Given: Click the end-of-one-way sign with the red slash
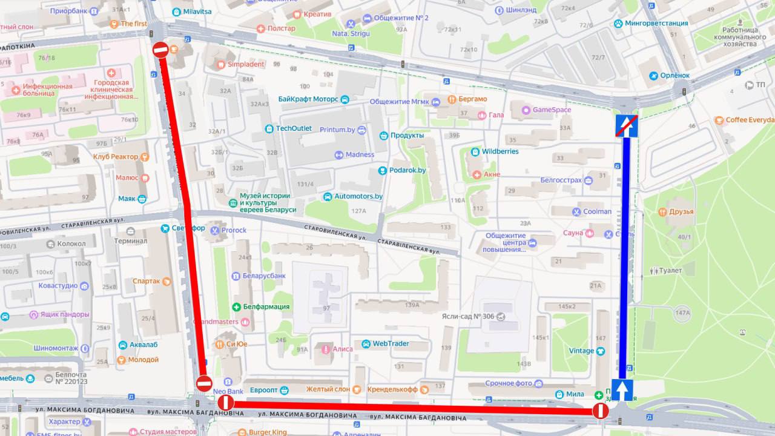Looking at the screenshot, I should pyautogui.click(x=627, y=125).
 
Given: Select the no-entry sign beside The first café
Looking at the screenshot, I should pyautogui.click(x=160, y=50).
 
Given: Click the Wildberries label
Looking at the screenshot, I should pyautogui.click(x=500, y=151).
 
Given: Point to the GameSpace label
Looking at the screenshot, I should pyautogui.click(x=551, y=110).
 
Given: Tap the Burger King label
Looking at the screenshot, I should pyautogui.click(x=268, y=432).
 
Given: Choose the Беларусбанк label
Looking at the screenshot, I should pyautogui.click(x=264, y=276).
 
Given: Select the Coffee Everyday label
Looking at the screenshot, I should pyautogui.click(x=750, y=120).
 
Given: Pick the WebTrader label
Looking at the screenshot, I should pyautogui.click(x=390, y=344).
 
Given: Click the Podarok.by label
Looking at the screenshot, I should pyautogui.click(x=407, y=171).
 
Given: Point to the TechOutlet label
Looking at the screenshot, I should pyautogui.click(x=294, y=128).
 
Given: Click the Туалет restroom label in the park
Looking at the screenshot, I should pyautogui.click(x=670, y=271).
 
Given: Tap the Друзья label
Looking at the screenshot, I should pyautogui.click(x=681, y=212).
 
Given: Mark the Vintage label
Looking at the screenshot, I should pyautogui.click(x=581, y=351).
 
